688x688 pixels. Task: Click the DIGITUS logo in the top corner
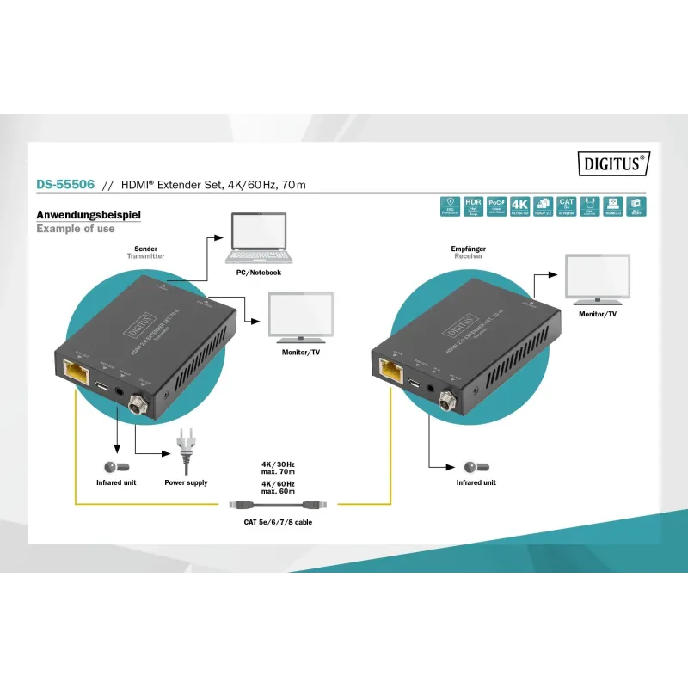coord(611,162)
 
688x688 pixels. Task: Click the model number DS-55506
coord(64,184)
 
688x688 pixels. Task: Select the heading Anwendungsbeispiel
coord(88,215)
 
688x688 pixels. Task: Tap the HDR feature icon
coord(473,206)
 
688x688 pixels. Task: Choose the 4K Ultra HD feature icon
coord(519,206)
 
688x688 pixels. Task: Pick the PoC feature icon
coord(496,206)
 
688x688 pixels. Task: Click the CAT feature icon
coord(566,206)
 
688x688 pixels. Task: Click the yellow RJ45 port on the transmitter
coord(75,372)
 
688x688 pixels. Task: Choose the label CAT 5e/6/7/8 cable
coord(279,522)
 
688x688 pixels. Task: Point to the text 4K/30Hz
coord(278,464)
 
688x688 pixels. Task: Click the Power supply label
coord(186,483)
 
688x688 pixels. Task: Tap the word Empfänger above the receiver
coord(468,249)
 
